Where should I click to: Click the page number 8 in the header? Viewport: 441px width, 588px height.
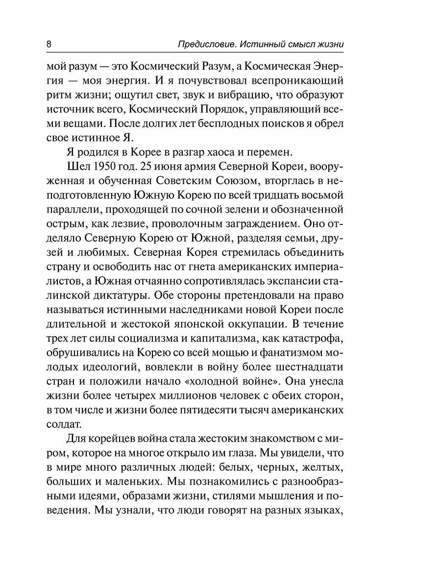pos(49,44)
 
